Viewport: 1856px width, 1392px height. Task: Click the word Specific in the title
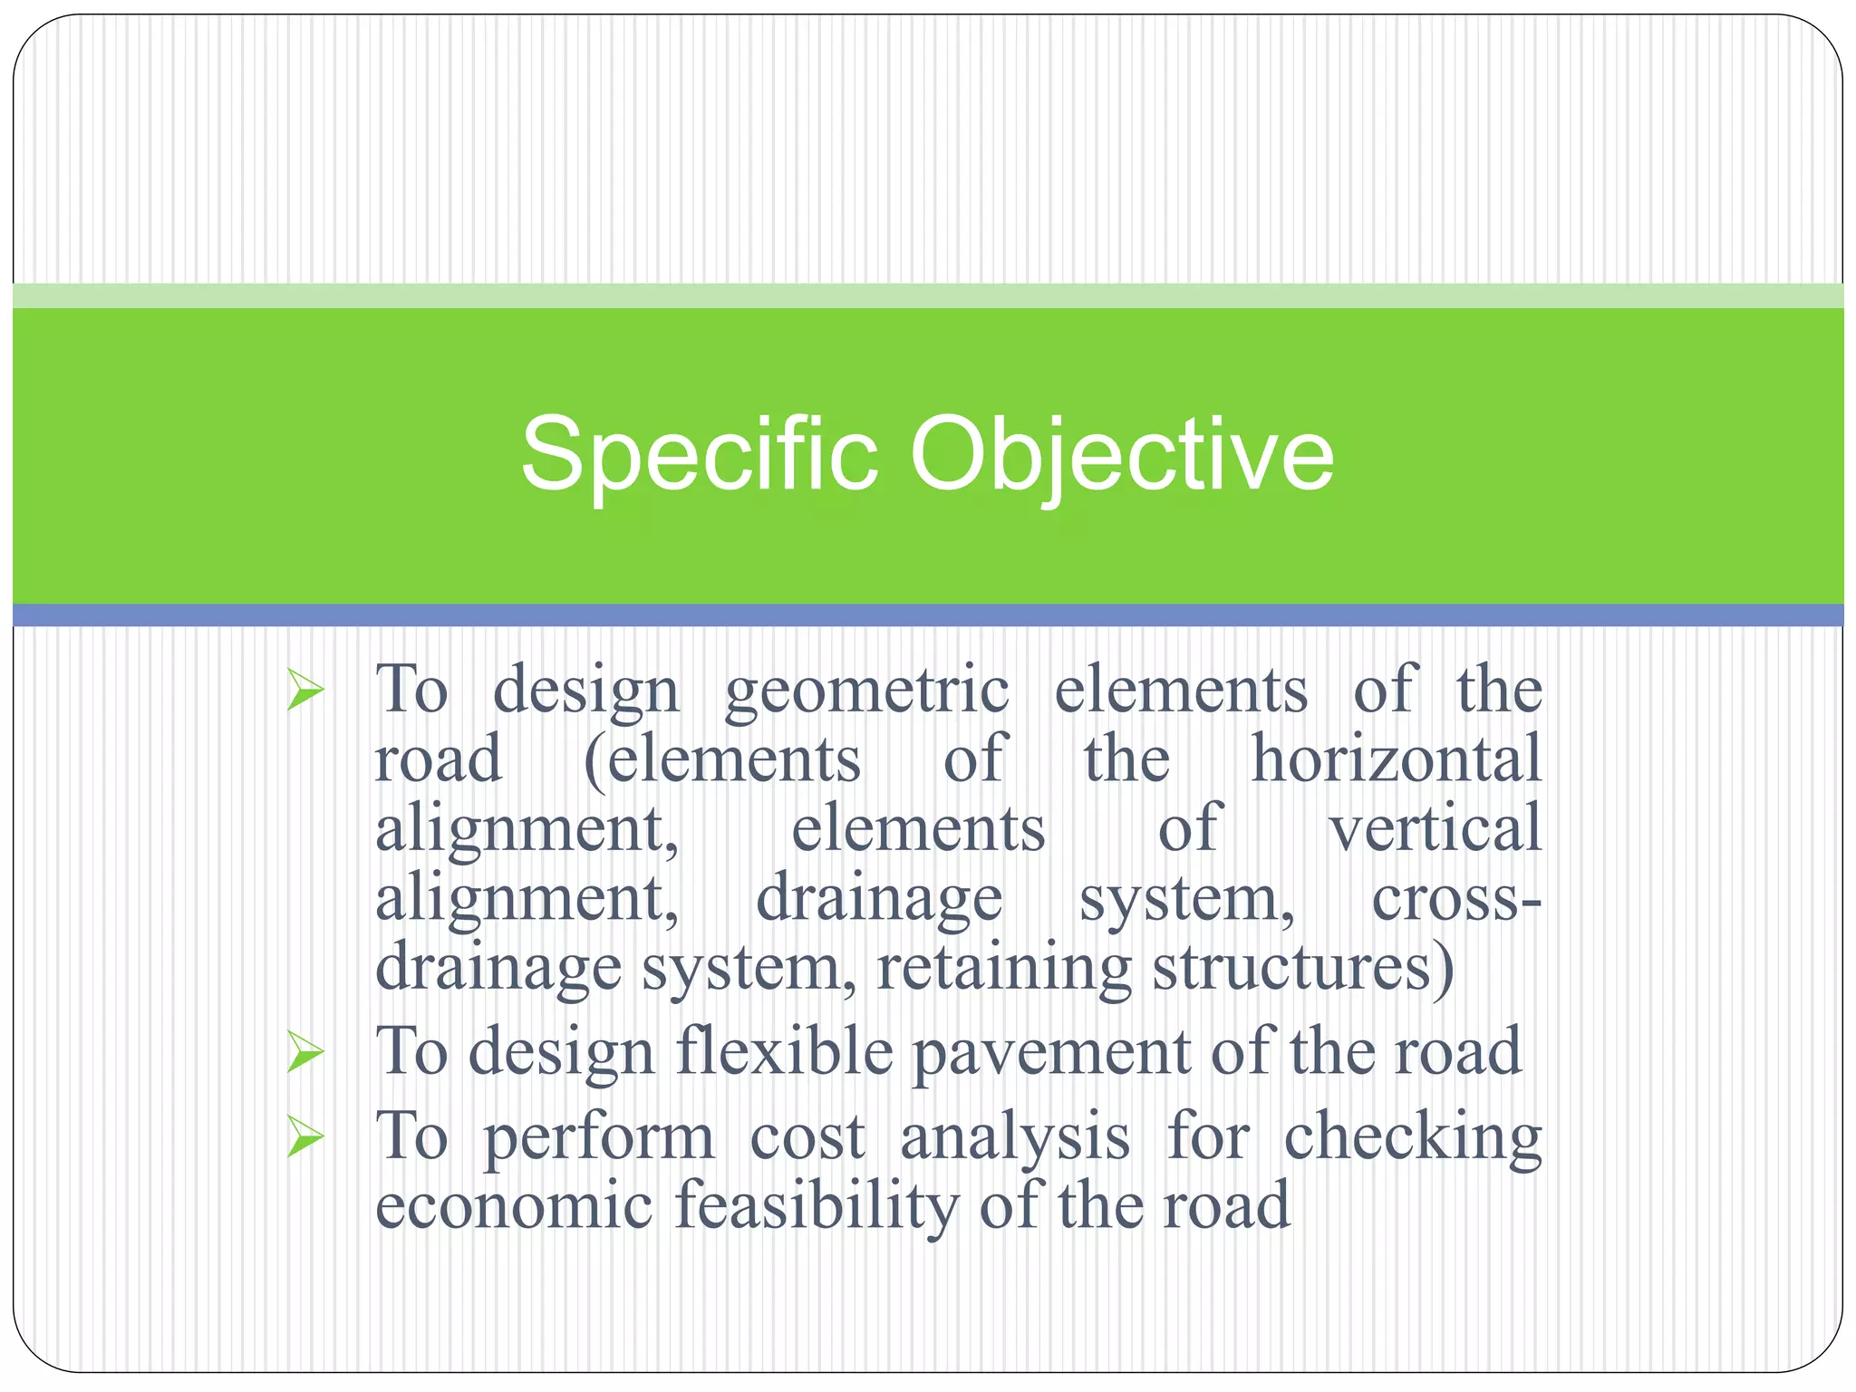pos(699,456)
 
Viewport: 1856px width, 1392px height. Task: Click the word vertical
pos(1435,828)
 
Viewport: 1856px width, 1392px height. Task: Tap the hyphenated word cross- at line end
pos(1455,899)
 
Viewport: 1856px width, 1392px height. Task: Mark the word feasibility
pos(817,1208)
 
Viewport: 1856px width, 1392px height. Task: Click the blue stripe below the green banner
pos(928,615)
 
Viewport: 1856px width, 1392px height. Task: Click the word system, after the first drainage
pos(1186,901)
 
